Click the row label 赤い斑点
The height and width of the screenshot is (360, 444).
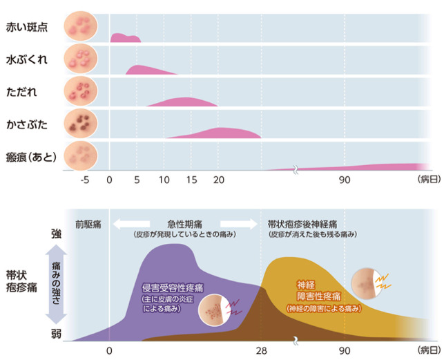[23, 28]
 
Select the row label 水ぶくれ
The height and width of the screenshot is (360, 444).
[23, 59]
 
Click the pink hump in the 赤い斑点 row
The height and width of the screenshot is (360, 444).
[126, 37]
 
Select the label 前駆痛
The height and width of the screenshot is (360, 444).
[90, 224]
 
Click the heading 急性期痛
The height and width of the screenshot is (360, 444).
[185, 224]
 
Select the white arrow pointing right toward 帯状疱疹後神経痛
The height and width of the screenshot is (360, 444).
[237, 224]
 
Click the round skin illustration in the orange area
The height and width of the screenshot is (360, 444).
[366, 281]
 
